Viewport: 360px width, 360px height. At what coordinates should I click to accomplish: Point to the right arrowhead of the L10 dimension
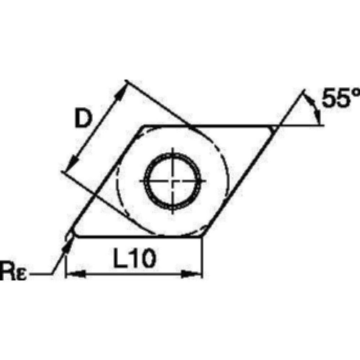coord(191,275)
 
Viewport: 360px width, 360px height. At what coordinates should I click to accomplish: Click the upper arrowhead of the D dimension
coord(120,94)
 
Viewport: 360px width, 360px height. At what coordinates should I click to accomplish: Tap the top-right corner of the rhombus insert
coord(275,126)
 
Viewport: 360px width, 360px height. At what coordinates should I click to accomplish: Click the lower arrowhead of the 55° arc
coord(318,117)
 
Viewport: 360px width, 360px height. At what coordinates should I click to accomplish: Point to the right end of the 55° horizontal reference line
coord(324,126)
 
